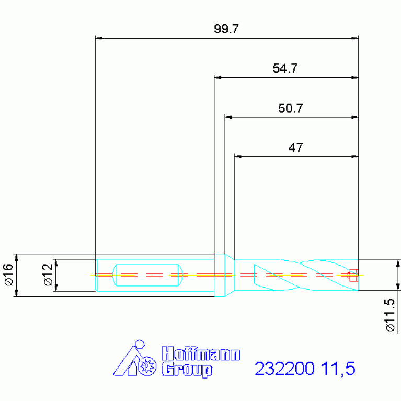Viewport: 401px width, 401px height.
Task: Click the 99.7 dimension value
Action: [226, 29]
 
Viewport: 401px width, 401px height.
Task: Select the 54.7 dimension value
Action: [285, 68]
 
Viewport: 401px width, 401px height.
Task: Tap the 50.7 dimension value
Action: [291, 109]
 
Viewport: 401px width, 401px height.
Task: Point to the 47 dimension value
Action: [295, 148]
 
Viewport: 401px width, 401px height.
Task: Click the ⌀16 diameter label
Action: [8, 275]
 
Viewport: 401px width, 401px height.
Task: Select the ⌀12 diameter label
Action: [48, 275]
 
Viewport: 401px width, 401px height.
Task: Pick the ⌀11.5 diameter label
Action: [389, 315]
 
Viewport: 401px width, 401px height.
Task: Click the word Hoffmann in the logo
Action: [200, 354]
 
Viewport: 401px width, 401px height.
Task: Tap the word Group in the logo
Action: [187, 370]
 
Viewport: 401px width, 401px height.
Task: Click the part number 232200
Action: [284, 369]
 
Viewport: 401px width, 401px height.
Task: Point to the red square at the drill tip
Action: [353, 274]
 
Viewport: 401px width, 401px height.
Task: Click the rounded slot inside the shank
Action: [148, 275]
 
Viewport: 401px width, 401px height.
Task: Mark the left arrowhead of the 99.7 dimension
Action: [99, 38]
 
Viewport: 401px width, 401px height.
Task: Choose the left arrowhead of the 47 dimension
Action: [238, 156]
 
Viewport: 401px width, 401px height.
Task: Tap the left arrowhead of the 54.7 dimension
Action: [218, 78]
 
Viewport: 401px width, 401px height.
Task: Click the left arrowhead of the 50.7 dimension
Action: [228, 117]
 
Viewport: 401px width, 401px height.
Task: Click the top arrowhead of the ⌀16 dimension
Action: [17, 257]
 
